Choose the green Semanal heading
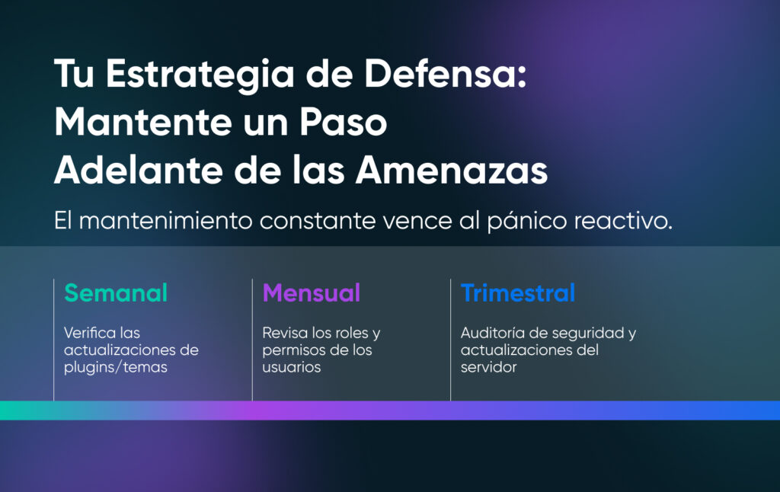click(x=116, y=292)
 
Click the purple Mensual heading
click(x=312, y=292)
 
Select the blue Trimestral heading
click(x=518, y=292)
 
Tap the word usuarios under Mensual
click(x=292, y=367)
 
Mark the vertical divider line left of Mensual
click(x=252, y=340)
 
